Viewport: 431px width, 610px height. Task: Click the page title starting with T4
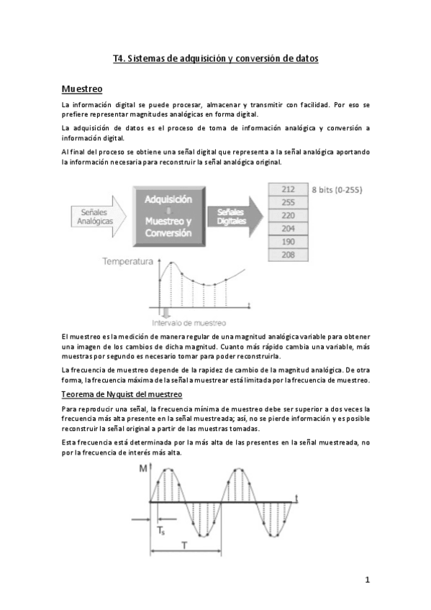pyautogui.click(x=215, y=58)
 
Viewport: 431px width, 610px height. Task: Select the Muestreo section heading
pyautogui.click(x=82, y=88)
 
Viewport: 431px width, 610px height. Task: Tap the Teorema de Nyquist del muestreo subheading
pyautogui.click(x=122, y=394)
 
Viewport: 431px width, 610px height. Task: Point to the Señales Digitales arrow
pyautogui.click(x=230, y=216)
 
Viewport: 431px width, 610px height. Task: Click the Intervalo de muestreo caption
pyautogui.click(x=189, y=323)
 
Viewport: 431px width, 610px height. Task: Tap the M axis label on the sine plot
pyautogui.click(x=143, y=468)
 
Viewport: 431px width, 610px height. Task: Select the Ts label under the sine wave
pyautogui.click(x=161, y=531)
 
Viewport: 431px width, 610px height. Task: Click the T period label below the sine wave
pyautogui.click(x=186, y=546)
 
